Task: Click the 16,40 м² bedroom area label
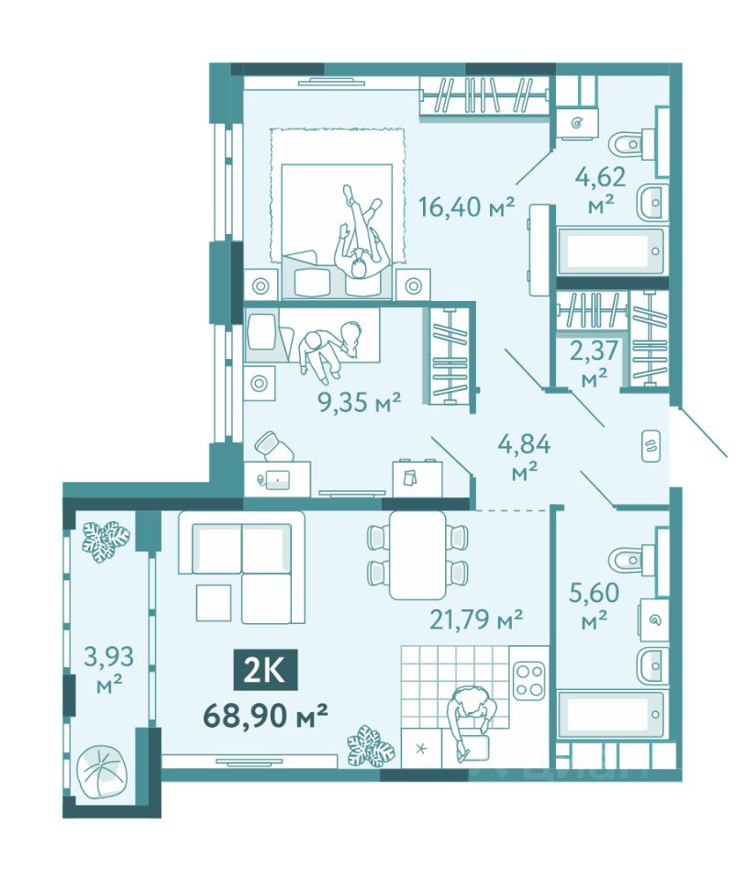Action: [x=466, y=206]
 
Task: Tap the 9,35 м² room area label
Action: [x=360, y=402]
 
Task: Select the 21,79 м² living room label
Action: [x=476, y=619]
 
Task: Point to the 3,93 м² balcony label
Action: [x=109, y=669]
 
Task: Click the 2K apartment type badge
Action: [x=266, y=670]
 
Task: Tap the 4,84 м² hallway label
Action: [x=524, y=457]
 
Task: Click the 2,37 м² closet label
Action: [x=594, y=363]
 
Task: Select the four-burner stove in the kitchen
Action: [x=529, y=680]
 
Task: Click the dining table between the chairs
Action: [x=418, y=554]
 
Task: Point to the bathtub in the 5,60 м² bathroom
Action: [x=611, y=714]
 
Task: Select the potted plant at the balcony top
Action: [x=106, y=537]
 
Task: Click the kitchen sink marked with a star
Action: [x=421, y=749]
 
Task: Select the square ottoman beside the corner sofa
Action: [x=214, y=602]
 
